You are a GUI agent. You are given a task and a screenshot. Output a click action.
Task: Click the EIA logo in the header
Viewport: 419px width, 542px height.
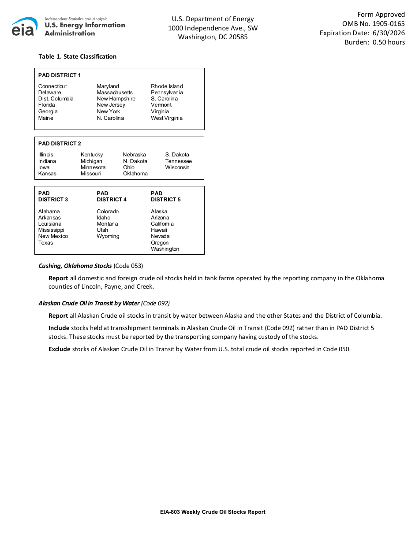(x=25, y=27)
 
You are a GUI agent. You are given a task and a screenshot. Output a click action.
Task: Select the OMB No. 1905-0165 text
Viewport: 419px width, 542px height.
(x=373, y=24)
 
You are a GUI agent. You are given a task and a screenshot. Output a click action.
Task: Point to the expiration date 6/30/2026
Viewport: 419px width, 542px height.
(x=389, y=33)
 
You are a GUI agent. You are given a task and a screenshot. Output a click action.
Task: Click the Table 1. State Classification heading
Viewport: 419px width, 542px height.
(x=77, y=56)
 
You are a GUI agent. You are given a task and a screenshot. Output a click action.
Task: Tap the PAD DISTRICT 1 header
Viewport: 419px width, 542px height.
(x=60, y=75)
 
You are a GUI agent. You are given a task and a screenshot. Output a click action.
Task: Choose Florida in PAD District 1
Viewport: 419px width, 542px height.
(x=47, y=105)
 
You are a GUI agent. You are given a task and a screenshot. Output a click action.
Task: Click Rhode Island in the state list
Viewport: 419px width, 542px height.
(x=167, y=86)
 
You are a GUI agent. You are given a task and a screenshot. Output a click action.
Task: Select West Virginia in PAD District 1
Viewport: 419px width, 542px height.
(x=166, y=118)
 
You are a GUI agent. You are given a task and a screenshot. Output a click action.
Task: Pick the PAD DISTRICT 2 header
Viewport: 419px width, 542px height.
(x=60, y=144)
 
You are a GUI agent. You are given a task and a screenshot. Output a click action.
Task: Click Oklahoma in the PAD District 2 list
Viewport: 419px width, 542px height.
(x=135, y=174)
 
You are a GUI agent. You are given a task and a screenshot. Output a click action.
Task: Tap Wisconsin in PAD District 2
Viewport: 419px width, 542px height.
(x=177, y=167)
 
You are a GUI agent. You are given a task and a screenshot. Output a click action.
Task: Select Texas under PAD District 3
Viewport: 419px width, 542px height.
(x=45, y=243)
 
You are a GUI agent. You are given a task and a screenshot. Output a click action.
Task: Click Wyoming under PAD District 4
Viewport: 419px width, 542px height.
(x=108, y=236)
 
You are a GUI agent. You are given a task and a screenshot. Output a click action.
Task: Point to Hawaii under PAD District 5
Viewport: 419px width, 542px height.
(x=159, y=230)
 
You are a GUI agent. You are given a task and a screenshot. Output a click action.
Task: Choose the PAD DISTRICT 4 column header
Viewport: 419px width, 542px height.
(x=112, y=197)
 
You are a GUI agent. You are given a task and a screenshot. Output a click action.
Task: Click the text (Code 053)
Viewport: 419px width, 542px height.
(x=128, y=266)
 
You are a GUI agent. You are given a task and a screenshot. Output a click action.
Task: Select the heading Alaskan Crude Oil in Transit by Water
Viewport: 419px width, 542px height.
(x=89, y=303)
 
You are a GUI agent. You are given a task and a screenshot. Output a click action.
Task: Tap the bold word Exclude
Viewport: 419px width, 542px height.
(x=59, y=349)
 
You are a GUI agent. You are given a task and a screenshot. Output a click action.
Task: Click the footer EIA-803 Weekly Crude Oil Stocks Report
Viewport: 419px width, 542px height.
(x=213, y=512)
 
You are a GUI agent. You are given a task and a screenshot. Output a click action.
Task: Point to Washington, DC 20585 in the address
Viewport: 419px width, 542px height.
(x=213, y=37)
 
